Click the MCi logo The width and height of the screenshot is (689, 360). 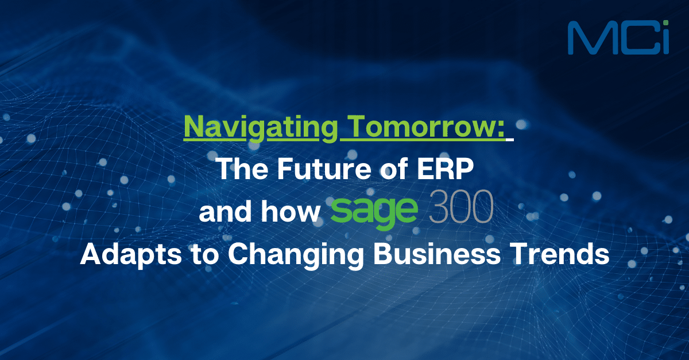click(618, 38)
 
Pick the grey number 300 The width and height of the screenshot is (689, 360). click(460, 211)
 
